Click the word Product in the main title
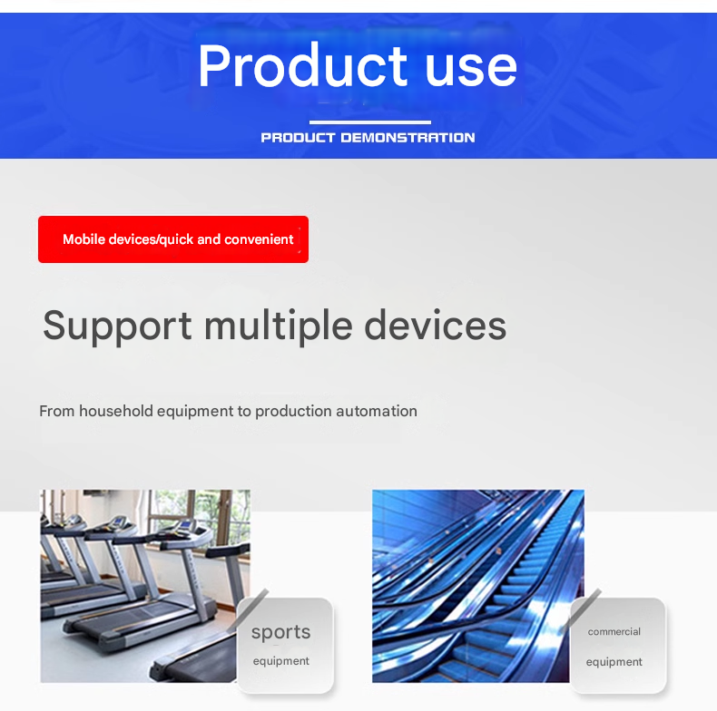click(302, 65)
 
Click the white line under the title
click(370, 122)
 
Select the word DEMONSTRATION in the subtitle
click(408, 138)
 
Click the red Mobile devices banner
click(173, 239)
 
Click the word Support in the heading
click(117, 326)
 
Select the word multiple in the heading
click(278, 326)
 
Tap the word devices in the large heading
click(436, 326)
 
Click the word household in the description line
click(116, 411)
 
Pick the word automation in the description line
click(377, 411)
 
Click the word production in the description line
click(293, 412)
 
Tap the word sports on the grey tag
click(280, 633)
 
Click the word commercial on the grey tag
click(614, 631)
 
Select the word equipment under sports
click(280, 661)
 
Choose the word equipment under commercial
click(614, 662)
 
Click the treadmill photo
click(145, 586)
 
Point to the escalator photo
click(477, 586)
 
